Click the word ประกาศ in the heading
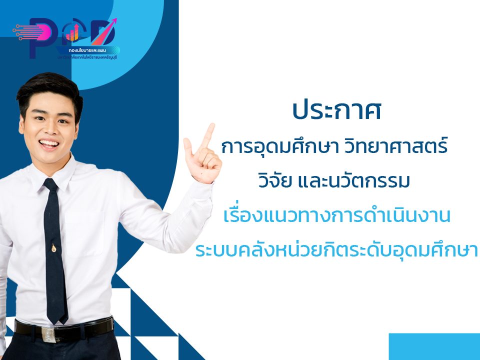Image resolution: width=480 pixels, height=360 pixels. pyautogui.click(x=336, y=110)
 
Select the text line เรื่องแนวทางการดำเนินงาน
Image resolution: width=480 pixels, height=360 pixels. pyautogui.click(x=337, y=216)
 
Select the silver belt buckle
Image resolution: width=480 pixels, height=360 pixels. pyautogui.click(x=48, y=332)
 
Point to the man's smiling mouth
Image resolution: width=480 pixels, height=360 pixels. pyautogui.click(x=49, y=144)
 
